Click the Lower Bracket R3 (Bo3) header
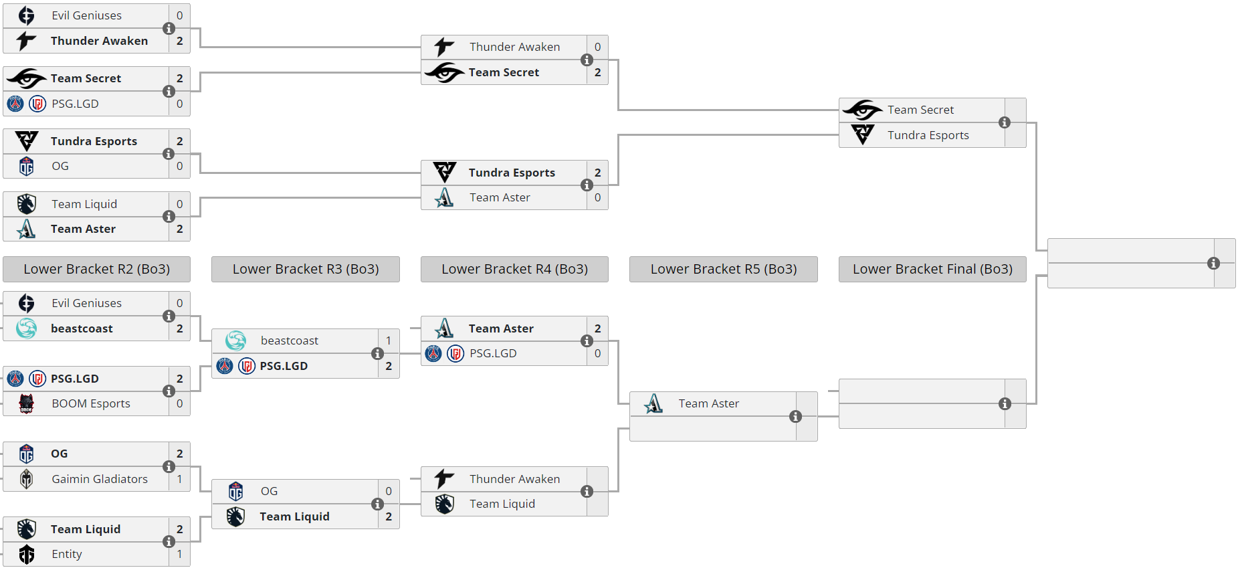[305, 269]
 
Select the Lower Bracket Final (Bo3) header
[932, 269]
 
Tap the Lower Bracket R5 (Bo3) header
[723, 269]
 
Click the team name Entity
[67, 554]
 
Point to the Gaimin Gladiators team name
[100, 479]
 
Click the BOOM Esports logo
[26, 403]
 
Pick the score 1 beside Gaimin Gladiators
[179, 479]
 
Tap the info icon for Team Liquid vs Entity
[169, 542]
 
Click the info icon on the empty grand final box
[1213, 264]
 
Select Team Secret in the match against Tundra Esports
[920, 110]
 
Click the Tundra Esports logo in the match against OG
[26, 141]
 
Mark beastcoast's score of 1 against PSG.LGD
[389, 341]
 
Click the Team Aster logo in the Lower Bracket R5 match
[653, 403]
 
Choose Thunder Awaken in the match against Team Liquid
[514, 479]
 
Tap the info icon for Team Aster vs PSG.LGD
[587, 341]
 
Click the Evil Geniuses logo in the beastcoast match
[26, 303]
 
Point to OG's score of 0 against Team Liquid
[389, 491]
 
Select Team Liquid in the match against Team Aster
[84, 204]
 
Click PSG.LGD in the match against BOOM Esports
[75, 379]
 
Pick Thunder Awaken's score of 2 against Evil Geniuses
[179, 41]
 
